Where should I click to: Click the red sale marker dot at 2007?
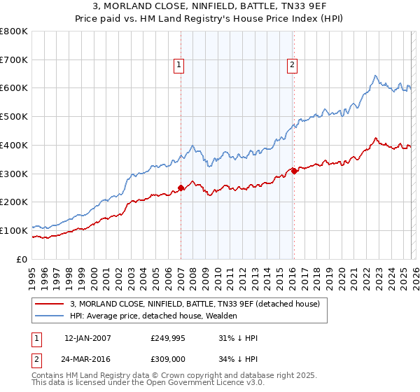(181, 187)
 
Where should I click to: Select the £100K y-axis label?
(14, 230)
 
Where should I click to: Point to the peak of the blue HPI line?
(376, 76)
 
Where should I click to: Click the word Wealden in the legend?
(222, 316)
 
